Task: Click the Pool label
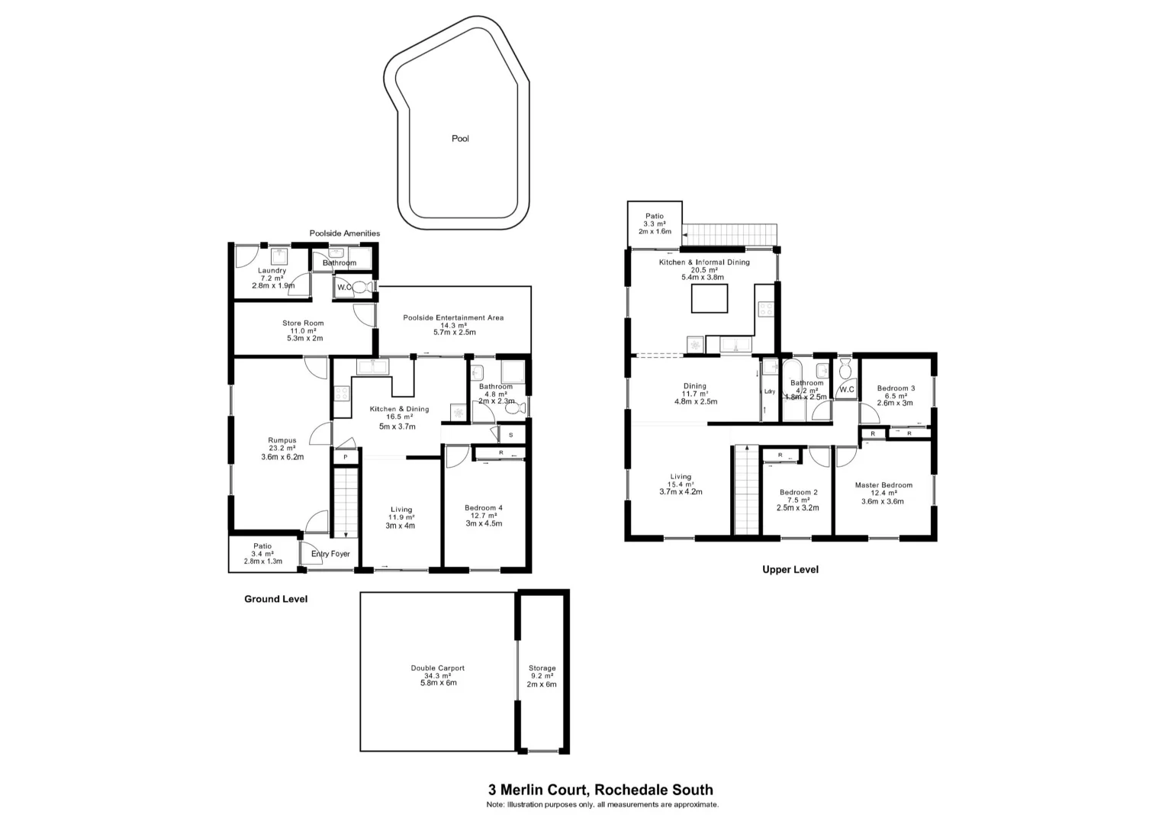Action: pyautogui.click(x=460, y=139)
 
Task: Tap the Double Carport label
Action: pyautogui.click(x=438, y=668)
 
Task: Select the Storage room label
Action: pyautogui.click(x=542, y=668)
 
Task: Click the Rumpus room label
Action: pyautogui.click(x=282, y=440)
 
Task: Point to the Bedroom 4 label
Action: pyautogui.click(x=484, y=508)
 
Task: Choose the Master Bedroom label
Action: pyautogui.click(x=883, y=485)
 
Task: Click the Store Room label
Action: pyautogui.click(x=303, y=323)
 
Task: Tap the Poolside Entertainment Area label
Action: pyautogui.click(x=453, y=318)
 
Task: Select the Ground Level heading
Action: pyautogui.click(x=275, y=599)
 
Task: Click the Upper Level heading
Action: pyautogui.click(x=790, y=569)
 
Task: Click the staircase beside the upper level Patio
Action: pyautogui.click(x=729, y=234)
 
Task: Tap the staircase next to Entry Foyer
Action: pyautogui.click(x=346, y=503)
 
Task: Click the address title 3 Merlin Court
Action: pyautogui.click(x=600, y=790)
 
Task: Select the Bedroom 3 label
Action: pyautogui.click(x=896, y=388)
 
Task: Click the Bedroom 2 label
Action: pyautogui.click(x=798, y=493)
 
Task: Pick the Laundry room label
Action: pyautogui.click(x=272, y=271)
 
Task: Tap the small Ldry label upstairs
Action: pyautogui.click(x=770, y=392)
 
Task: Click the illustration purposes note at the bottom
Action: pyautogui.click(x=602, y=805)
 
